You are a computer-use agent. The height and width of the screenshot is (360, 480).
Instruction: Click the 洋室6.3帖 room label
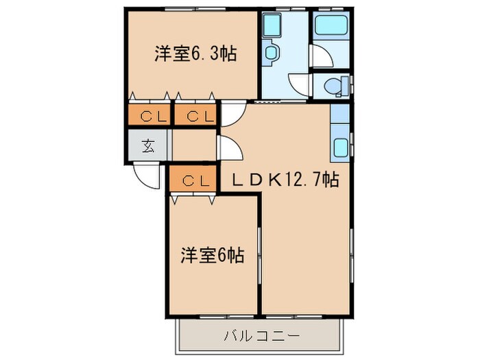tap(195, 54)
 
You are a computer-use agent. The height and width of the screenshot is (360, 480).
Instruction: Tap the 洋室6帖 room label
tap(212, 256)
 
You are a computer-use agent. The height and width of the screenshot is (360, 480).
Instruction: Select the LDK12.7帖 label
tap(283, 180)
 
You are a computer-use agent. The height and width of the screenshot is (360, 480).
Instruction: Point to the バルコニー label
tap(261, 337)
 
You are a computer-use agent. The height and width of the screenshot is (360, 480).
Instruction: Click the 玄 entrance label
tap(147, 145)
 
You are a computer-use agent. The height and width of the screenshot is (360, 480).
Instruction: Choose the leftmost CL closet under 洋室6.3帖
tap(148, 116)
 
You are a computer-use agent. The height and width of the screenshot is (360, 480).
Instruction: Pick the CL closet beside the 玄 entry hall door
tap(195, 116)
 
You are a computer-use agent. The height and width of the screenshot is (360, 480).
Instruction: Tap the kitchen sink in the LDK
tap(340, 145)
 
